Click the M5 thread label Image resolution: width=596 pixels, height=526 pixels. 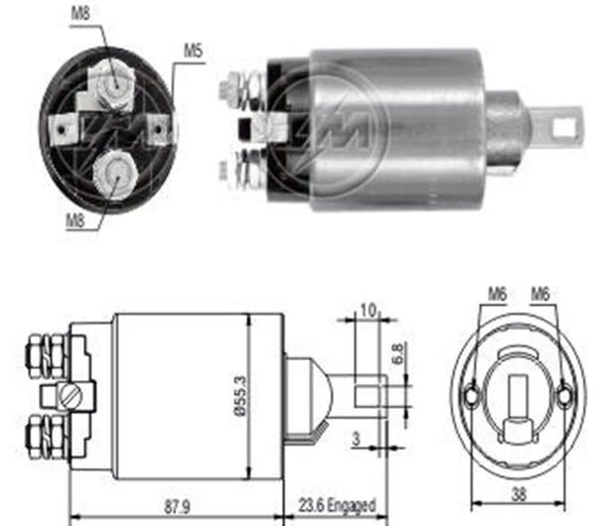point(193,49)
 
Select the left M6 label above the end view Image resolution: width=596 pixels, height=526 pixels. point(497,293)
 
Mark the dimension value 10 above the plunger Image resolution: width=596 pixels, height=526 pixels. point(367,310)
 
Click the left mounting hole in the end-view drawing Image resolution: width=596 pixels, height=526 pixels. point(470,396)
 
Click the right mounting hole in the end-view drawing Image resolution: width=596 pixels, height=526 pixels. point(564,396)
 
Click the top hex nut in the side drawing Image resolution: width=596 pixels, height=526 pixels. point(37,350)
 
